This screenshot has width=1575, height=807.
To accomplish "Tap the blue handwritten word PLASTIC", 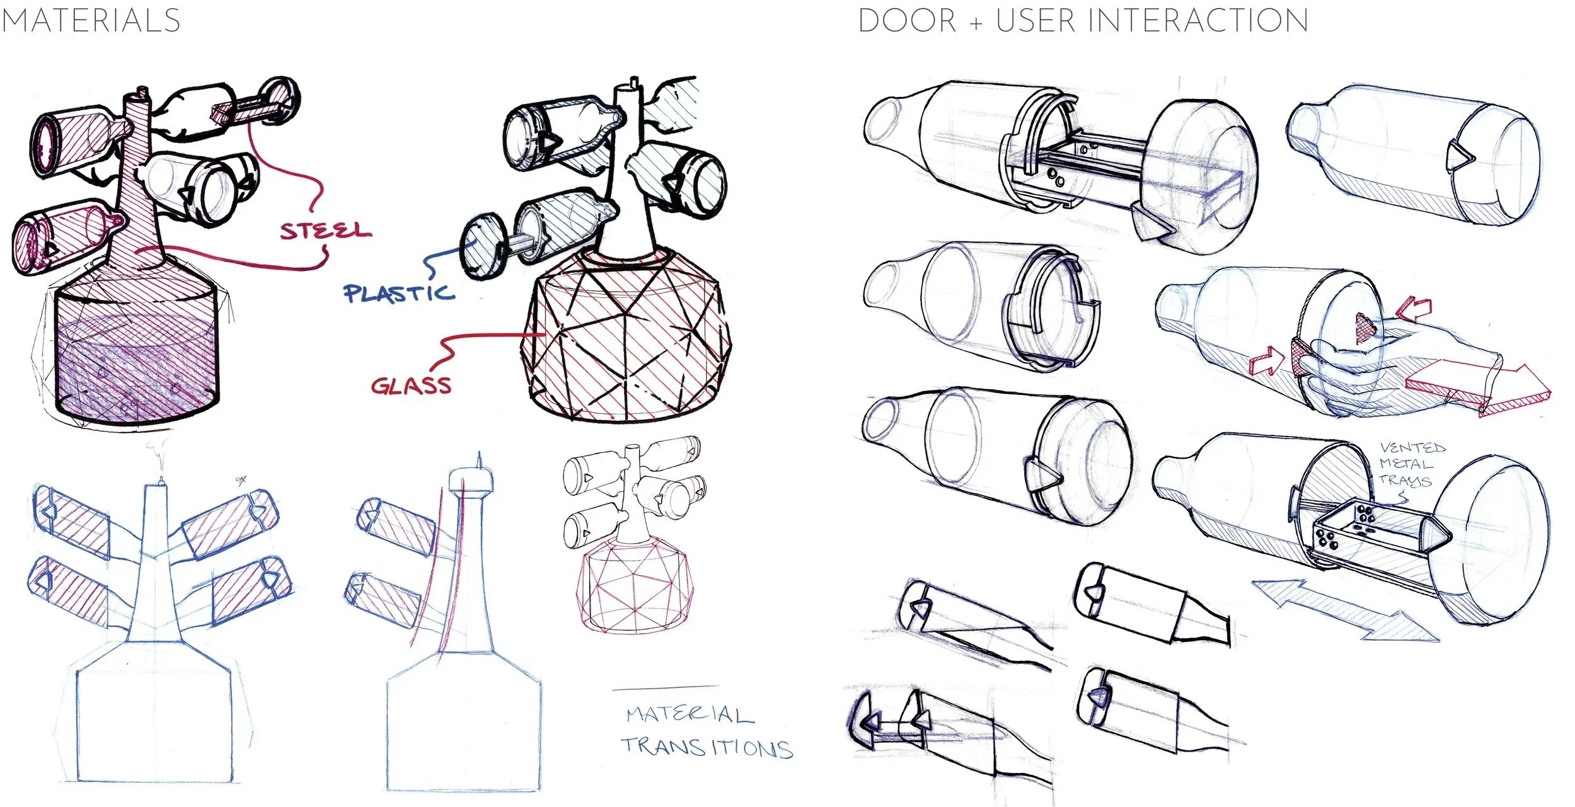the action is click(398, 293).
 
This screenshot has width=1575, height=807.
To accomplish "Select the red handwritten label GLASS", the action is click(411, 385).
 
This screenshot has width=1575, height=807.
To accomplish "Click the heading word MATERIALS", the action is click(91, 20).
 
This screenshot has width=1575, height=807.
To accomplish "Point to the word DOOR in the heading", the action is click(908, 20).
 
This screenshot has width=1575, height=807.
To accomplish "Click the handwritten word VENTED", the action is click(1412, 447).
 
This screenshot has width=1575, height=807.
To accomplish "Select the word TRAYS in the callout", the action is click(1405, 480).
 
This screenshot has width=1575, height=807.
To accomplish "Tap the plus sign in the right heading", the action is click(976, 23).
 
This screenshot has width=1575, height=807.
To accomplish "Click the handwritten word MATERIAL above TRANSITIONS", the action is click(689, 715).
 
